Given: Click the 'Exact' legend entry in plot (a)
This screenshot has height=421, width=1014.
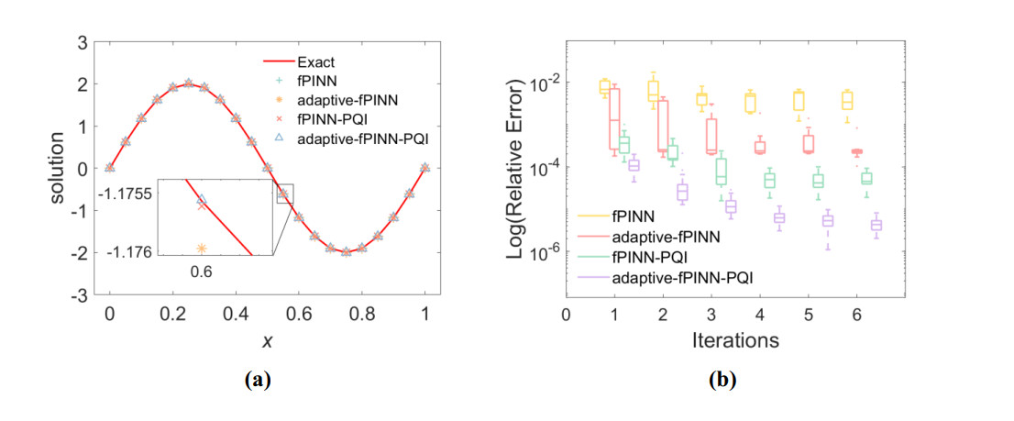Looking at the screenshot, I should [315, 62].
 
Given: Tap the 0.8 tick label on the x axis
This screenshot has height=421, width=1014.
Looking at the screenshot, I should [361, 314].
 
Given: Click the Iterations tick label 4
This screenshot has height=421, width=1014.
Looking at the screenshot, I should [759, 314].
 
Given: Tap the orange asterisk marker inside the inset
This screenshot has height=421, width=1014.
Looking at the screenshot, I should [202, 249].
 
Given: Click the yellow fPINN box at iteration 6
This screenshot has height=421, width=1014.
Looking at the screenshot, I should [848, 101].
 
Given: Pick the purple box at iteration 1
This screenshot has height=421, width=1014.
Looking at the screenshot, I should [634, 165].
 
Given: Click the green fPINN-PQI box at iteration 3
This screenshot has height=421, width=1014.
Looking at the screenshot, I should [722, 171].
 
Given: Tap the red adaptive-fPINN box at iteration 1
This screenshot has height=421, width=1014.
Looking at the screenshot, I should [614, 118].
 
